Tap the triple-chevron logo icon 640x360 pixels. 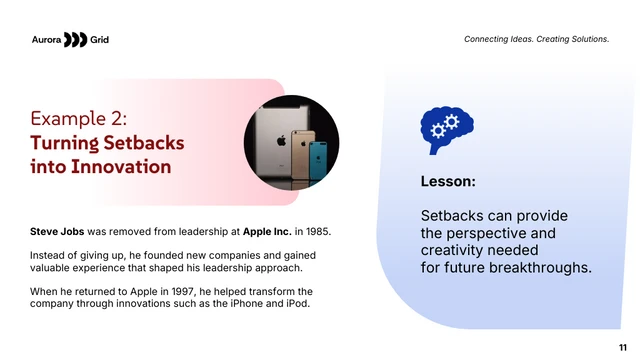(x=75, y=39)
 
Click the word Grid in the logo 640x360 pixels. (x=99, y=39)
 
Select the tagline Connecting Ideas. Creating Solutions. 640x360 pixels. (x=536, y=39)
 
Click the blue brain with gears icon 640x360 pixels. (x=446, y=129)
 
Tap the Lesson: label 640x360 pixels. (x=447, y=182)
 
